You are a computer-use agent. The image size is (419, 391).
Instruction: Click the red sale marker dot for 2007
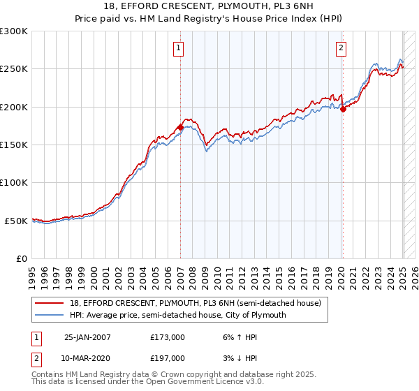(x=180, y=127)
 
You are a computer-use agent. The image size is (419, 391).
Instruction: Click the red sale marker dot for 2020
(x=343, y=109)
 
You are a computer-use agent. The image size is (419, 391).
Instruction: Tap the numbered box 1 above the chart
(x=179, y=48)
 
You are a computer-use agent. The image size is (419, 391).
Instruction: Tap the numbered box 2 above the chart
(x=341, y=48)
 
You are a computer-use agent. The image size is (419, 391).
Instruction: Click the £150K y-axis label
(x=14, y=145)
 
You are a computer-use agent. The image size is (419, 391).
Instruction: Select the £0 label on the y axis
(x=21, y=258)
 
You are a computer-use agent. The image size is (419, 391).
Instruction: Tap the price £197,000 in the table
(x=168, y=358)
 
